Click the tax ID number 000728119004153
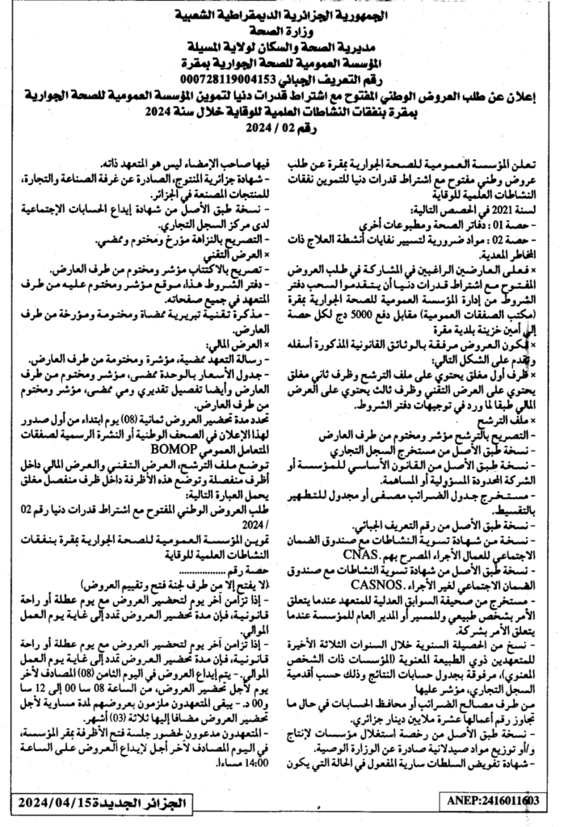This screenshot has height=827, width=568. (x=234, y=79)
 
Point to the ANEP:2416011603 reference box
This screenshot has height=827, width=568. (x=491, y=800)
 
